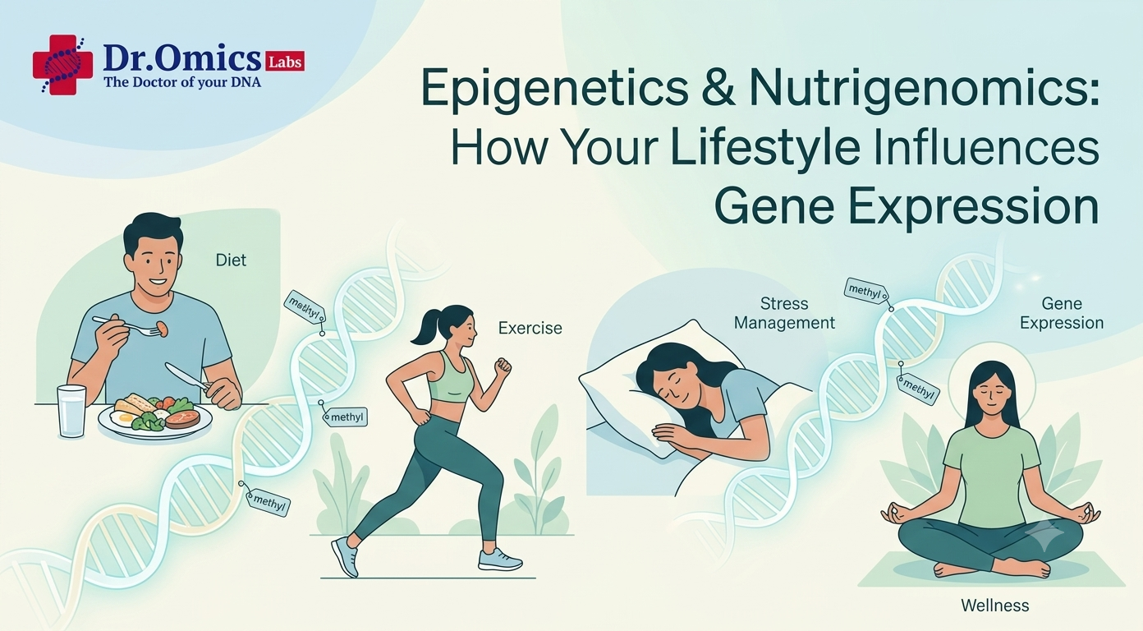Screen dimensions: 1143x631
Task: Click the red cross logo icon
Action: (x=62, y=64)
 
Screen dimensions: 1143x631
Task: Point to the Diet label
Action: (x=231, y=260)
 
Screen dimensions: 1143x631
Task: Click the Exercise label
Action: (x=530, y=328)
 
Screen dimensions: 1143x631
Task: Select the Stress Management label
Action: (x=784, y=313)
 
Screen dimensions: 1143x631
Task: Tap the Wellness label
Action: (x=995, y=606)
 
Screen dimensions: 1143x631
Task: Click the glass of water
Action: (x=71, y=412)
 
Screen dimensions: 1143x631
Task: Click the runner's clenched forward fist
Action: (x=503, y=366)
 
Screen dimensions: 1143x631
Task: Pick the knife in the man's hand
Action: (x=186, y=377)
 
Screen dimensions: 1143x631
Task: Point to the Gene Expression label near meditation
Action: (x=1062, y=313)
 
